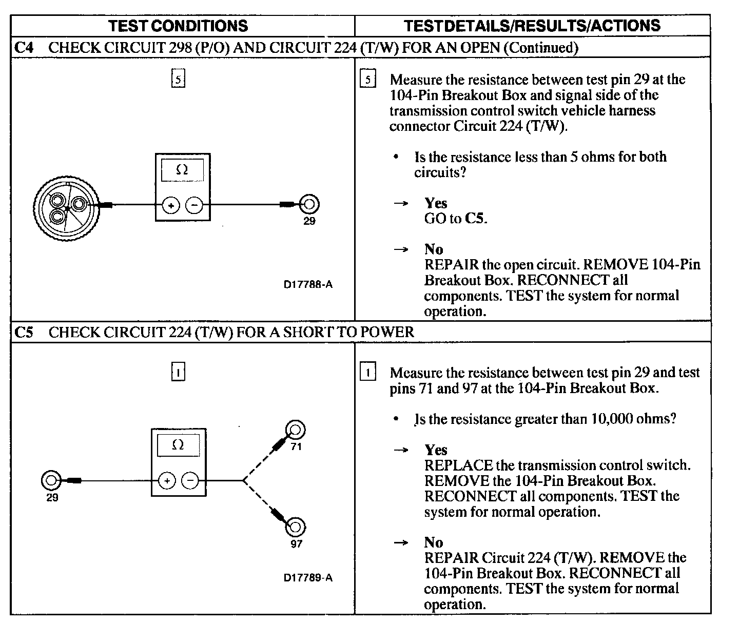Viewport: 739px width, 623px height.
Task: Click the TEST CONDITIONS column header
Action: [179, 26]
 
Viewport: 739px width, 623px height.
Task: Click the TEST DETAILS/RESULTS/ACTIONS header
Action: [532, 26]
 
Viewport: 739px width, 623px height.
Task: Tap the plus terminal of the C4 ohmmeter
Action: [170, 205]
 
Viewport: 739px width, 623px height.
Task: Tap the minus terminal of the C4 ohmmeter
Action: [195, 205]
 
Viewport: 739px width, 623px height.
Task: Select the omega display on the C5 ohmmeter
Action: [178, 445]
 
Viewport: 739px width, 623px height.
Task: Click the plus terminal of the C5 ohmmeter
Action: [167, 481]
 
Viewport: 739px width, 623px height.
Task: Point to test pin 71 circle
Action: [296, 429]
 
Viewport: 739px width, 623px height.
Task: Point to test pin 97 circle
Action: [296, 527]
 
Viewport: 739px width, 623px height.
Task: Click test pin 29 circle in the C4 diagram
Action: [309, 204]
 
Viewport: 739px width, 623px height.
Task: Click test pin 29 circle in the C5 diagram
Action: [50, 480]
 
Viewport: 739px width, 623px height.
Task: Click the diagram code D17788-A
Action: [308, 284]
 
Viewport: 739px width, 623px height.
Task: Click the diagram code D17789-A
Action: [308, 578]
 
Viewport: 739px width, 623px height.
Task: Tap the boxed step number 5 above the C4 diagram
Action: [178, 80]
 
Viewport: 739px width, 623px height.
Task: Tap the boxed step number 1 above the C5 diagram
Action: [178, 372]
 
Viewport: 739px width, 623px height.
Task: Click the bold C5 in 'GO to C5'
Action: [475, 219]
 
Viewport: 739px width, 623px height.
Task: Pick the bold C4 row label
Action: [24, 48]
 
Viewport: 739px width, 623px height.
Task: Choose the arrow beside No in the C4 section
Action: [401, 250]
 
